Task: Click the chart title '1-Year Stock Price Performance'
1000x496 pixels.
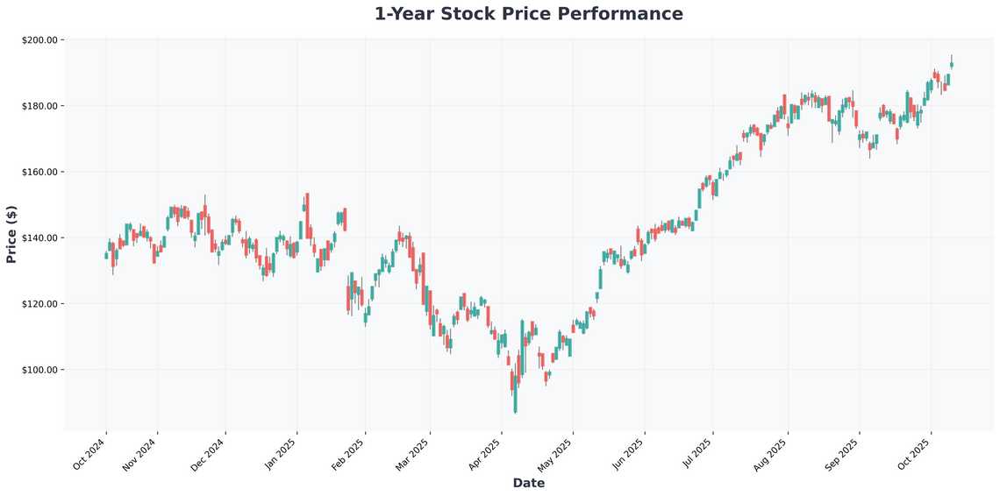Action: pos(528,14)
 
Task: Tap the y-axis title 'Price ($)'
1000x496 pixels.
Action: pos(11,233)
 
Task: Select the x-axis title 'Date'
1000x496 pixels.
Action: pos(528,483)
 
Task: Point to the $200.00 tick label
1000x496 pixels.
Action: pos(39,40)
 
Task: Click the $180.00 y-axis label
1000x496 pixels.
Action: pos(39,106)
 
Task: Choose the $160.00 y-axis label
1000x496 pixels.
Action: pos(39,172)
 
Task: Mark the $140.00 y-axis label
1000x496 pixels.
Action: pos(39,237)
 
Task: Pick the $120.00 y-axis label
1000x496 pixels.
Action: pos(39,304)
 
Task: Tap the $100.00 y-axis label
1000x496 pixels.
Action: pos(39,370)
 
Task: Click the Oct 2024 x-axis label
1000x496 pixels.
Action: pos(89,454)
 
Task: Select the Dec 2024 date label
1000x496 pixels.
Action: pos(209,454)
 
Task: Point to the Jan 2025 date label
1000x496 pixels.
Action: pos(280,454)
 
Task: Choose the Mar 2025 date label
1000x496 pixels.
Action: pos(412,454)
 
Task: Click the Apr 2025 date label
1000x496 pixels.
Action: pos(484,454)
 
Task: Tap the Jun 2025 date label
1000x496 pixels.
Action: pos(627,454)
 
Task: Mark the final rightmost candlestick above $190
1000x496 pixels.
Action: pos(952,64)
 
